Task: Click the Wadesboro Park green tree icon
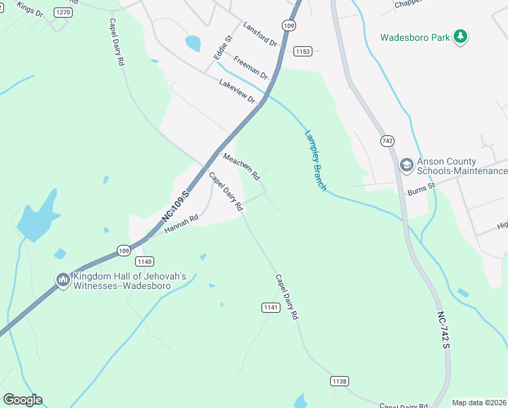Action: click(x=462, y=37)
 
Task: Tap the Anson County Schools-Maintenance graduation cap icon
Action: click(x=406, y=165)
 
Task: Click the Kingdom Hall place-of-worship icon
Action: click(x=63, y=280)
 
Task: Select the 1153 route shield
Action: click(x=303, y=52)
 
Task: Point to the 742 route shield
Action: click(x=387, y=141)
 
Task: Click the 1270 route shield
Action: click(x=63, y=12)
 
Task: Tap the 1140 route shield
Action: click(x=145, y=261)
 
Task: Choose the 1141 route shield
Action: click(x=270, y=307)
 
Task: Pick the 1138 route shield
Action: click(x=340, y=381)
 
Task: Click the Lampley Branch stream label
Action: click(x=316, y=160)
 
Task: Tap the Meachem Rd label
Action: click(x=242, y=167)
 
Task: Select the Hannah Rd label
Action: click(x=181, y=224)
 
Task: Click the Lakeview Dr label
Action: click(x=236, y=91)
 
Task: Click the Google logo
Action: click(x=22, y=400)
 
